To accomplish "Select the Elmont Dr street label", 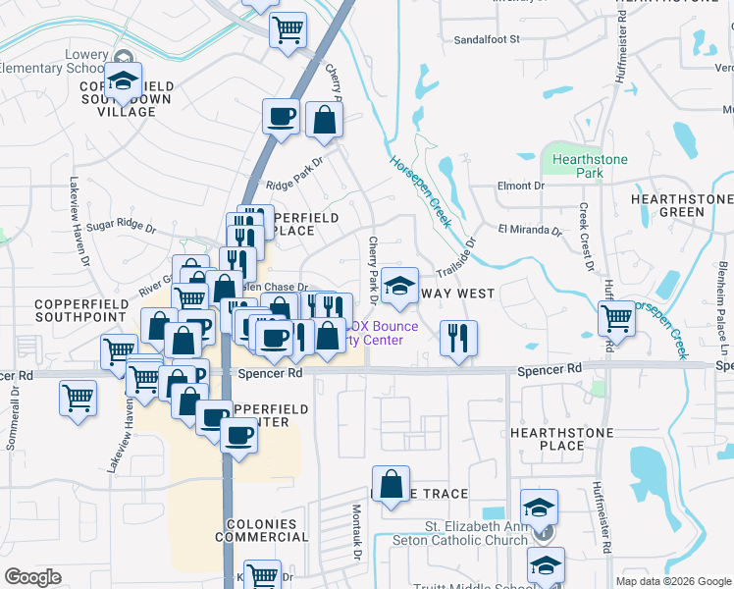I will pos(521,186).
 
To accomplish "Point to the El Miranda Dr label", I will pos(529,232).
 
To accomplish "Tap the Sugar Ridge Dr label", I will pos(121,227).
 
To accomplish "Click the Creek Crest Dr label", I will pos(585,237).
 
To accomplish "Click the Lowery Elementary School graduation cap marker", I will pos(125,82).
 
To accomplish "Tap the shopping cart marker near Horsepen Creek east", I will pos(616,317).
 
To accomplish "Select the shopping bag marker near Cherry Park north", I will pos(324,120).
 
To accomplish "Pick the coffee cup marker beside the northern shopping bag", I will pos(281,117).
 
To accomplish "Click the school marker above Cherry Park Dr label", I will pos(399,286).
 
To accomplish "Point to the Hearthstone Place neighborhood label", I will pos(562,439).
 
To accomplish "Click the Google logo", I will pos(33,576).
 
